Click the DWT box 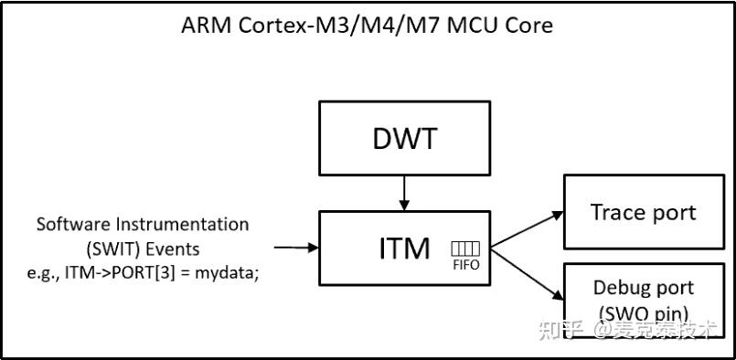[404, 138]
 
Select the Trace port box [643, 213]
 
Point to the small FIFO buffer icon [465, 249]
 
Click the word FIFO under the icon [465, 265]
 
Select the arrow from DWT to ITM [404, 193]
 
